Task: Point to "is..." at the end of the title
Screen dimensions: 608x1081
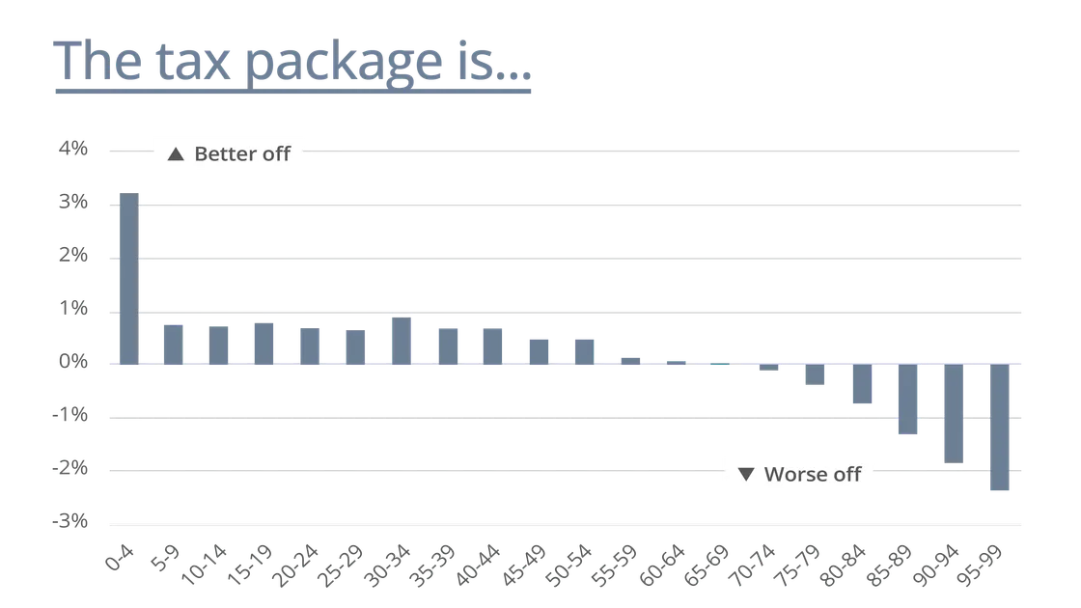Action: pyautogui.click(x=495, y=63)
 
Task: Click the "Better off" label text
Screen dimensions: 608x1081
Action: pyautogui.click(x=242, y=153)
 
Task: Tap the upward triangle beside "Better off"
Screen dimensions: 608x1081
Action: pyautogui.click(x=175, y=153)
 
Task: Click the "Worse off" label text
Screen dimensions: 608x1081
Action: pyautogui.click(x=812, y=474)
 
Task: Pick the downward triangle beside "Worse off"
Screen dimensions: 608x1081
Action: pyautogui.click(x=745, y=474)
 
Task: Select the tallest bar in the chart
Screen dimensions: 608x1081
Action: pyautogui.click(x=130, y=280)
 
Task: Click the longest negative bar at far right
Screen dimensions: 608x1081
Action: pyautogui.click(x=1000, y=428)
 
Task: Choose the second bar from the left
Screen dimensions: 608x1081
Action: pyautogui.click(x=173, y=345)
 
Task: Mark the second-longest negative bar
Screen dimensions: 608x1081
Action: pyautogui.click(x=954, y=415)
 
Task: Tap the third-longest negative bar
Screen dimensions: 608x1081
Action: pyautogui.click(x=907, y=401)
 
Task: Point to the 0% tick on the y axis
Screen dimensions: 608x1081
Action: pyautogui.click(x=77, y=364)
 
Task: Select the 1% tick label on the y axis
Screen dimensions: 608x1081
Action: pyautogui.click(x=77, y=311)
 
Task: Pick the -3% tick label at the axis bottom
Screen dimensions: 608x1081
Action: pyautogui.click(x=77, y=522)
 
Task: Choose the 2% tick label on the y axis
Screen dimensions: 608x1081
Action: pyautogui.click(x=77, y=258)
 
